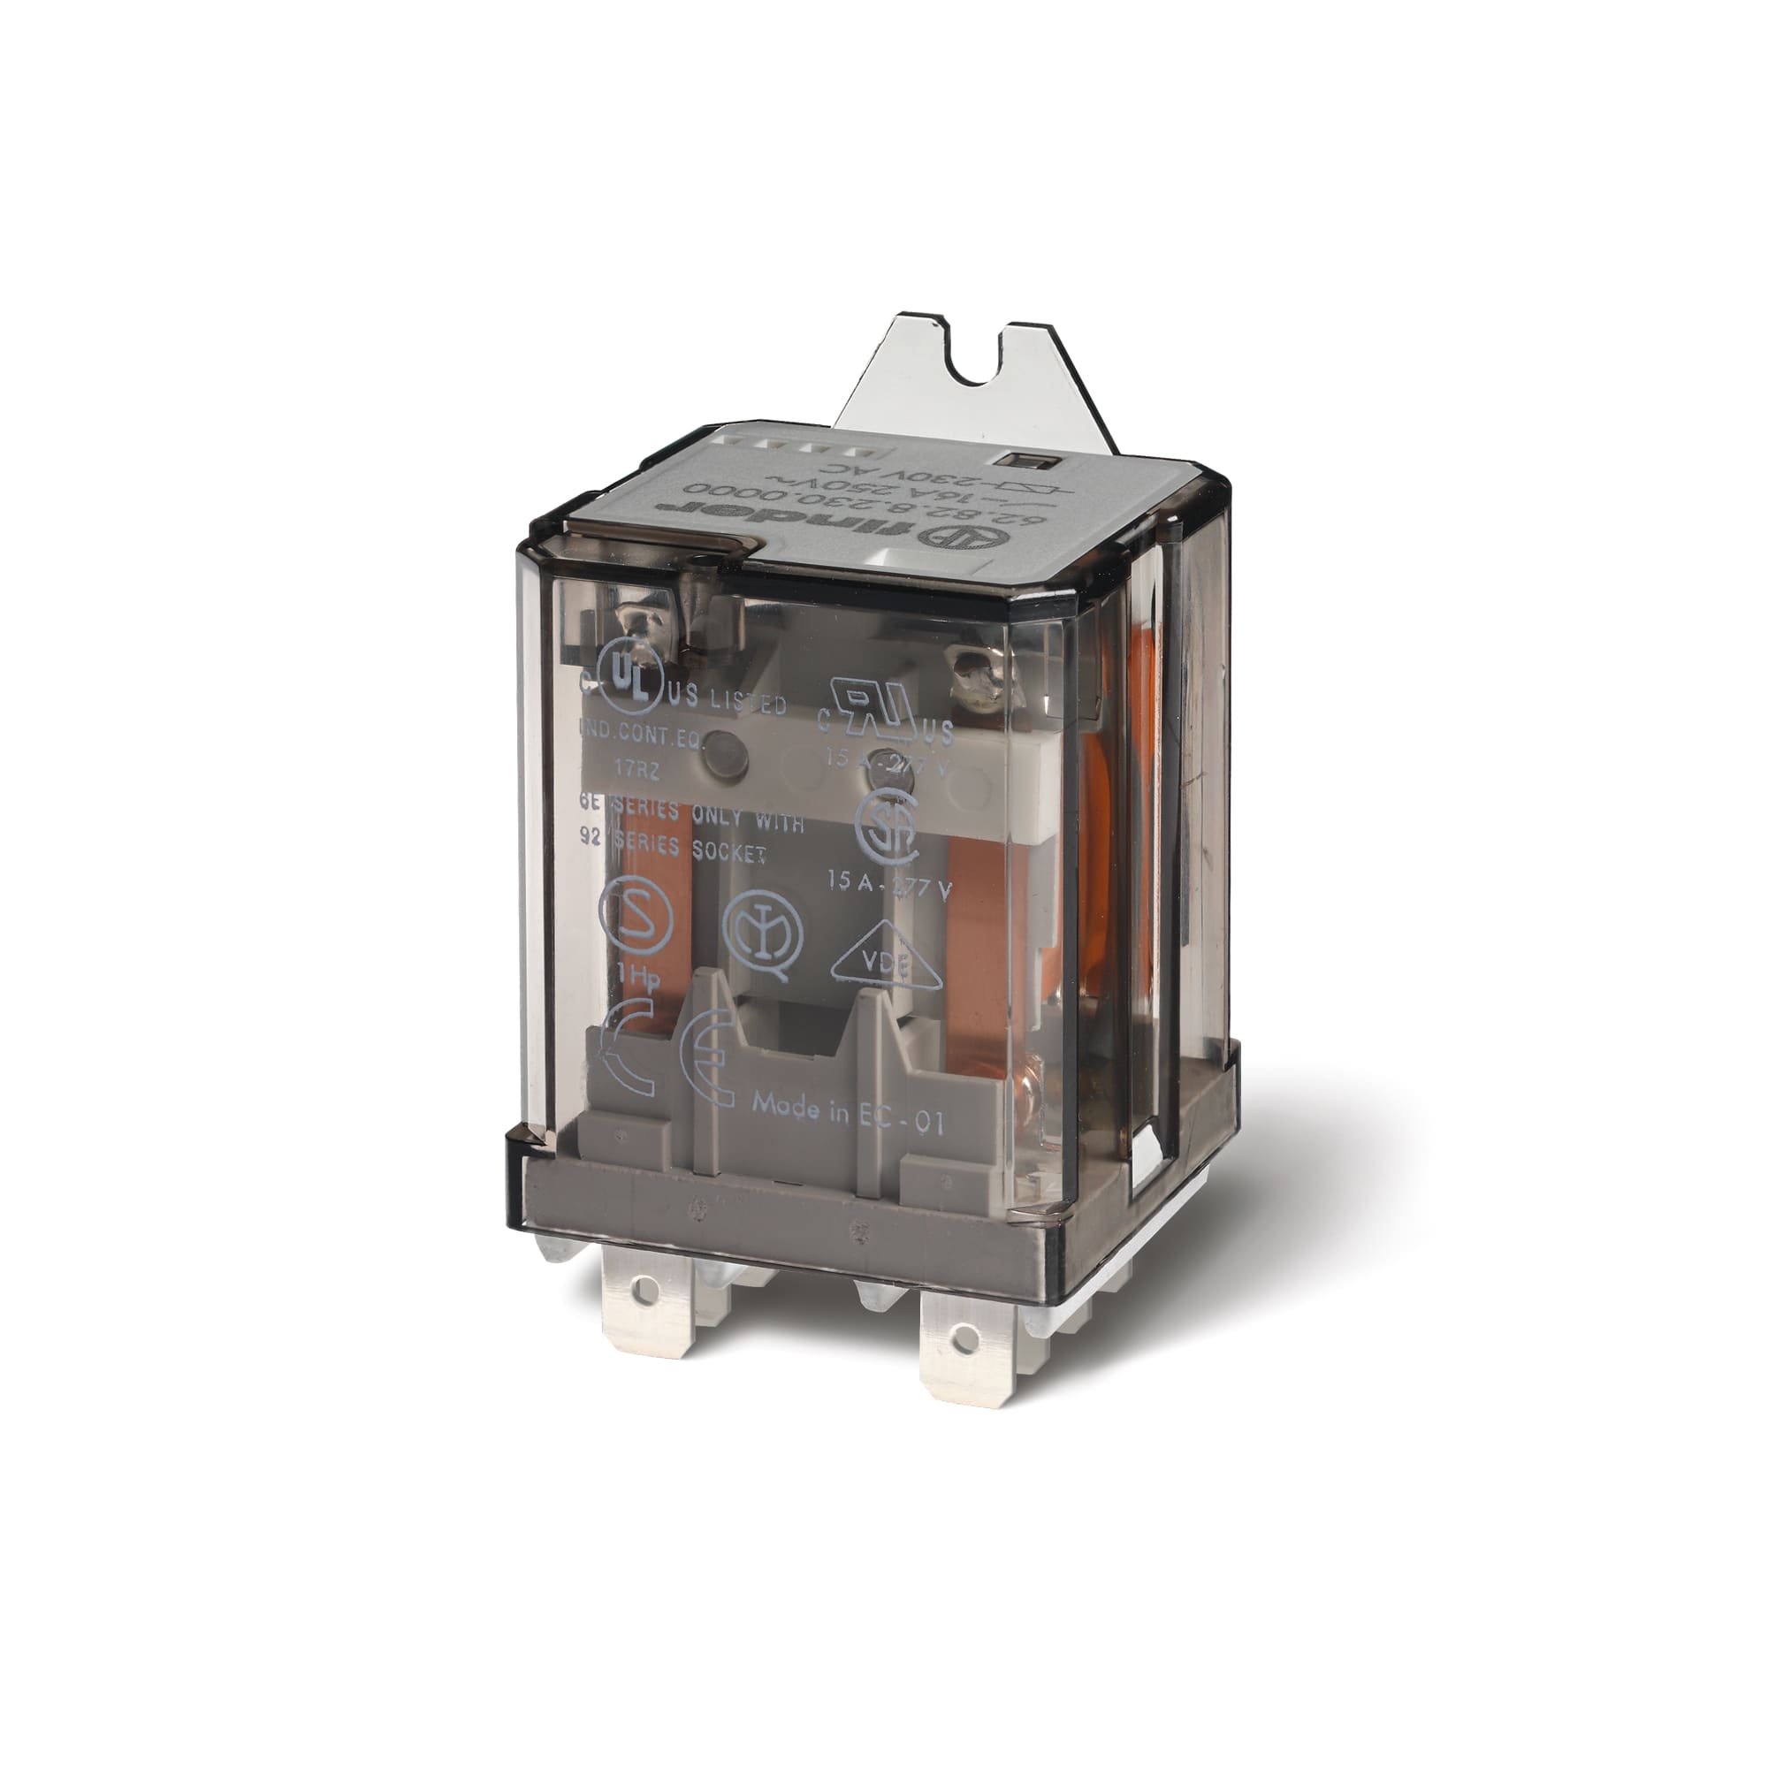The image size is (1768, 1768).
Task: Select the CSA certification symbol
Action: [885, 827]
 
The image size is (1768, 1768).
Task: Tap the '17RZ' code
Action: [630, 770]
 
